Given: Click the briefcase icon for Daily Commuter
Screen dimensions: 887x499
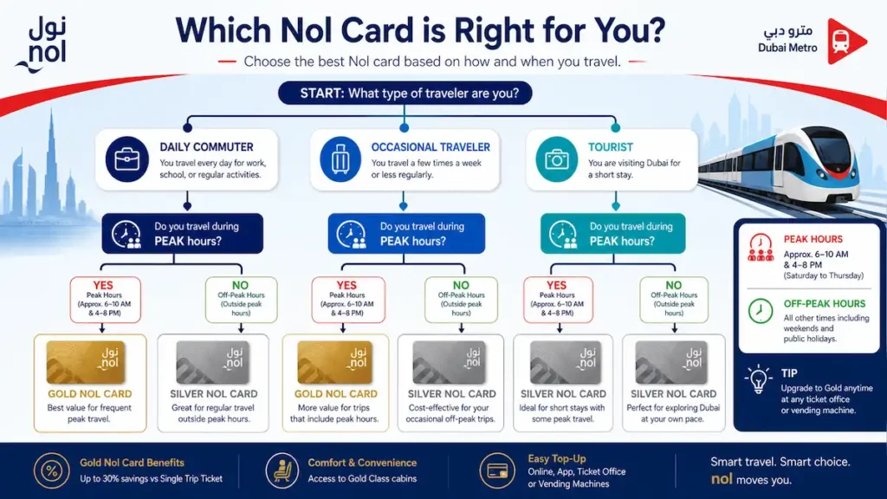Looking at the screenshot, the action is click(126, 159).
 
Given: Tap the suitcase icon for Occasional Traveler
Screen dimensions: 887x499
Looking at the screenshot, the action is click(340, 159).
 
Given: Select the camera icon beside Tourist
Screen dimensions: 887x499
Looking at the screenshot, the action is click(557, 159).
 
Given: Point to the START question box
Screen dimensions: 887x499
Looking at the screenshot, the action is click(405, 93).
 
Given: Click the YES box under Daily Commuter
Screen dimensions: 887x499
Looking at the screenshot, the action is click(105, 299).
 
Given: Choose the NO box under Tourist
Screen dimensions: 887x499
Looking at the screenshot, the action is click(674, 299).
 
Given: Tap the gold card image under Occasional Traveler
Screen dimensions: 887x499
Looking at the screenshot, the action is click(335, 362).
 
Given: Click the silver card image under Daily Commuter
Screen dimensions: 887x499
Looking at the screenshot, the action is click(213, 362).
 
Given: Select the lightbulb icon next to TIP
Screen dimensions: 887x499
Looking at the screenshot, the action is click(759, 379).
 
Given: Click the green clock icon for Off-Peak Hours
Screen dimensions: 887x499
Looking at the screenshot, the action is click(761, 311).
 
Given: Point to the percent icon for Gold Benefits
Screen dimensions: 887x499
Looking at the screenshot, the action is click(51, 470).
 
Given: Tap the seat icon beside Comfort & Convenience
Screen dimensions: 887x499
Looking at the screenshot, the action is click(282, 470).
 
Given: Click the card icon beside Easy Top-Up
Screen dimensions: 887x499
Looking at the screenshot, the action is click(497, 470).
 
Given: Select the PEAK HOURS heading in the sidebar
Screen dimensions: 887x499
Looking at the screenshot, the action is click(813, 239).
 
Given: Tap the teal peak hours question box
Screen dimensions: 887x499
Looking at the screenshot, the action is click(612, 233).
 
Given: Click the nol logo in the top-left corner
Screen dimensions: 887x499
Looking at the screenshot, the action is click(42, 45).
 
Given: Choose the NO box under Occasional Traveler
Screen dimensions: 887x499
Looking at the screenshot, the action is click(461, 299).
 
